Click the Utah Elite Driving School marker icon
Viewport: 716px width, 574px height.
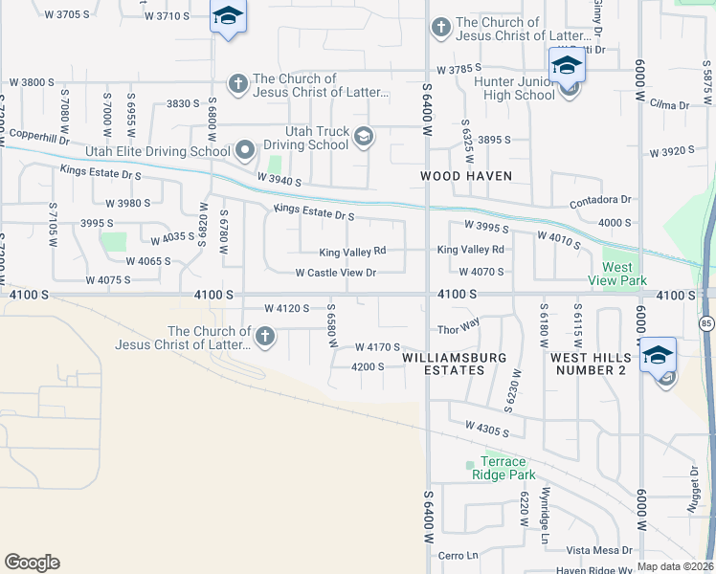[246, 150]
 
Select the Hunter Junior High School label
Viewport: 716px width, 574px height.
[515, 89]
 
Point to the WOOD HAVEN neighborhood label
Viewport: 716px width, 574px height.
[466, 176]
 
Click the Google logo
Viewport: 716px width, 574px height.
[32, 562]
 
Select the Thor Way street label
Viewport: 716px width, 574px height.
[458, 329]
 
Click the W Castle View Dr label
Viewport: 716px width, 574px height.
[336, 273]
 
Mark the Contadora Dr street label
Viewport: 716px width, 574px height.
[600, 200]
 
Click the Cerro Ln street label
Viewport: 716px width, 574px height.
[458, 555]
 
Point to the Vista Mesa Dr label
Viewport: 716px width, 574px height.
[599, 550]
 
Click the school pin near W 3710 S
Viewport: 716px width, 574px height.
[228, 17]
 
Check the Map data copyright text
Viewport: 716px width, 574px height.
[676, 566]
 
